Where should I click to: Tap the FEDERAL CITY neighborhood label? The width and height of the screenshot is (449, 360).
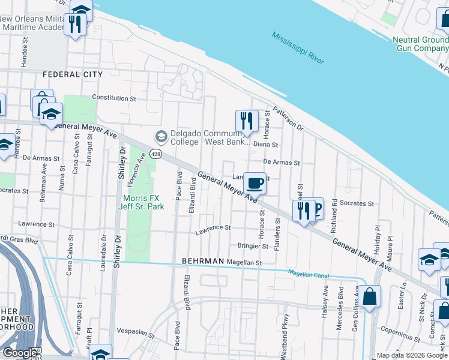(x=73, y=74)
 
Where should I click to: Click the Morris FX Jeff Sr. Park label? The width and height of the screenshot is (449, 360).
(x=142, y=202)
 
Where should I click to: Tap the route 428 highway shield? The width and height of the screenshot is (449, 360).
(x=160, y=154)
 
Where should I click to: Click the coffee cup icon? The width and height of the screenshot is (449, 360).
(x=255, y=183)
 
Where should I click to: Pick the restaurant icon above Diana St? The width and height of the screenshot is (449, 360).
(x=246, y=121)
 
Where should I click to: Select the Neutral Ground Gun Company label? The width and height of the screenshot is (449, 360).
(x=420, y=44)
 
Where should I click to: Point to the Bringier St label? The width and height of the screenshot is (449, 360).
(x=252, y=246)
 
